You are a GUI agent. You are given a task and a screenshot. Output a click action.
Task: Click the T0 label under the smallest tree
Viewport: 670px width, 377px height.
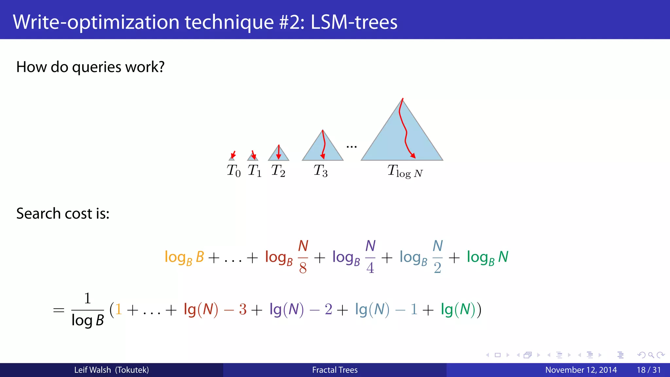(234, 171)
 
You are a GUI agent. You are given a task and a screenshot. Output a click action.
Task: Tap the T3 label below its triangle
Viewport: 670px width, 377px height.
(320, 171)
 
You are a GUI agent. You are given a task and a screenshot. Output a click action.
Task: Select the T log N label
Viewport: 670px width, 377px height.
(405, 171)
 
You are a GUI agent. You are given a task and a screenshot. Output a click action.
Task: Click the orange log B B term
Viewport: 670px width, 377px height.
(184, 257)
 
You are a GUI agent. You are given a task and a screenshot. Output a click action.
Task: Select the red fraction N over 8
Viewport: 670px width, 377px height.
(303, 257)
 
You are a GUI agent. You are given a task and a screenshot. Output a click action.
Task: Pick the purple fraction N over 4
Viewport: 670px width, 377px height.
(370, 257)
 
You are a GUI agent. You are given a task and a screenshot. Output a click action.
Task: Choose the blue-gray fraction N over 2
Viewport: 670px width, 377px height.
(437, 257)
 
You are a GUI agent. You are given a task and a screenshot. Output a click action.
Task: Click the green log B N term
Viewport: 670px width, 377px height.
(487, 257)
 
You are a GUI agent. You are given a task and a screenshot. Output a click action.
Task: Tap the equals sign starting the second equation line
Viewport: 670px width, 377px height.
(59, 310)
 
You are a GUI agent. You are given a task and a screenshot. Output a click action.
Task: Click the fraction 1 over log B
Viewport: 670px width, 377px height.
(87, 310)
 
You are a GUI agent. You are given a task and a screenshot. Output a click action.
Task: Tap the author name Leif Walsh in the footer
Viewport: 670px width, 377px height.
(93, 370)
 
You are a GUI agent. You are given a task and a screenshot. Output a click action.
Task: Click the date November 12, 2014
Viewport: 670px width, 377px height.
(581, 370)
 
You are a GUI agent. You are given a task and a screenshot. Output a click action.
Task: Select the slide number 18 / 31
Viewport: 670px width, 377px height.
(648, 370)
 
